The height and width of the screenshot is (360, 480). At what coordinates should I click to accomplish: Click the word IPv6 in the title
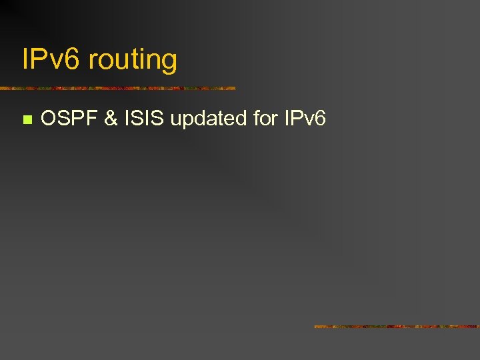pyautogui.click(x=51, y=60)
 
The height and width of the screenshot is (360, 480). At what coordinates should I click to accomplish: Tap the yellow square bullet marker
pyautogui.click(x=27, y=120)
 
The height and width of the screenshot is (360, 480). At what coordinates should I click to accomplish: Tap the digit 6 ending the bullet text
pyautogui.click(x=320, y=119)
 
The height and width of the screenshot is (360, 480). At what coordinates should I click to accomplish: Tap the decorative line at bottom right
pyautogui.click(x=397, y=327)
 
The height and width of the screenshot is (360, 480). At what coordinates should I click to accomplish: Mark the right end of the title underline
pyautogui.click(x=234, y=88)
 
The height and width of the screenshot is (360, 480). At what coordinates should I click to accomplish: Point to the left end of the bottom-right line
pyautogui.click(x=316, y=327)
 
